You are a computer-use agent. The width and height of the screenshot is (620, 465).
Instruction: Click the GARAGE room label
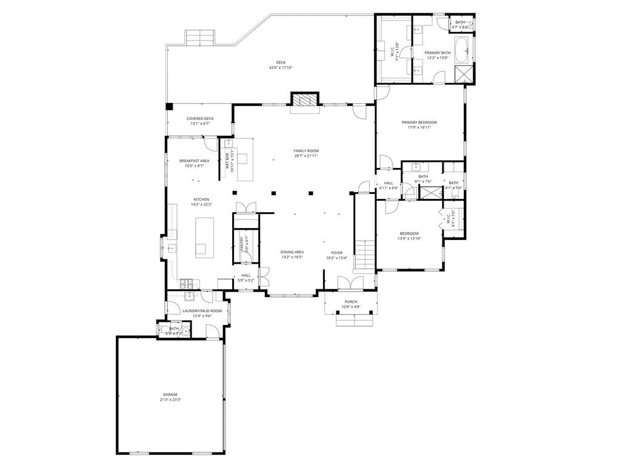point(170,394)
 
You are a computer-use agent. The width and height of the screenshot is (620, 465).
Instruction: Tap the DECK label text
point(281,62)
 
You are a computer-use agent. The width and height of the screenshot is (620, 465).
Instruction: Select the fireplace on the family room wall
point(304,100)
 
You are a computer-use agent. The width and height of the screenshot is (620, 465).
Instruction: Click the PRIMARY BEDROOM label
point(419,122)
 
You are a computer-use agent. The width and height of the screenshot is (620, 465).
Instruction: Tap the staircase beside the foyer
point(364,255)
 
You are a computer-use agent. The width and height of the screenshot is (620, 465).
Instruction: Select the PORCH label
point(351,301)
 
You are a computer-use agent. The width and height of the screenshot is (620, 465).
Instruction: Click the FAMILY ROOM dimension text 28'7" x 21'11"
point(306,156)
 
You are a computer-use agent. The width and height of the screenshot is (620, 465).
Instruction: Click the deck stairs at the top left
point(199,38)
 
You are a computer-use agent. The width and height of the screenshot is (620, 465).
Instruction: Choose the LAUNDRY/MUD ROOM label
point(202,310)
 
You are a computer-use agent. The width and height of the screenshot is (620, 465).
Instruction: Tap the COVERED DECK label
point(200,118)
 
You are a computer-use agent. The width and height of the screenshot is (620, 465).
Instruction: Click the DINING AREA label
point(292,252)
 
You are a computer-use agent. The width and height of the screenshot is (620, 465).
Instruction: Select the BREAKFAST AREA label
point(194,161)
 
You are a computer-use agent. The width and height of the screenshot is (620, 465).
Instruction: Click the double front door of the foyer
point(350,283)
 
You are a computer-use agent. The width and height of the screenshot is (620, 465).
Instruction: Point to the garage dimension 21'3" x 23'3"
point(170,400)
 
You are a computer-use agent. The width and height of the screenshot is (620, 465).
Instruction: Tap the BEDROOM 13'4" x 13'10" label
point(408,233)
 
